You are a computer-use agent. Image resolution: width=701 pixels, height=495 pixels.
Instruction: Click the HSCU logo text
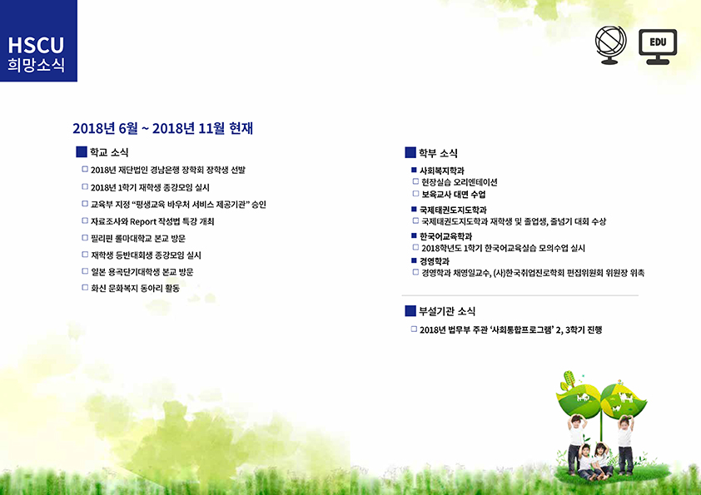[x=36, y=45]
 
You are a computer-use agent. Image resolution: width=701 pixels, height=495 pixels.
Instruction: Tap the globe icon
[x=611, y=45]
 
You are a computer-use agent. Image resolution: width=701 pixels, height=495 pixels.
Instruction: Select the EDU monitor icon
[x=658, y=47]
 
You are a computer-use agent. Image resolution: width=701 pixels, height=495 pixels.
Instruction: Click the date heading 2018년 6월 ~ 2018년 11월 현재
[x=162, y=128]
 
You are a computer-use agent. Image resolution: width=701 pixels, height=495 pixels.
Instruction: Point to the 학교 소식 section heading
[x=109, y=152]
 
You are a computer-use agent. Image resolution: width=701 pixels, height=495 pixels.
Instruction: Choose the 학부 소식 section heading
[x=438, y=153]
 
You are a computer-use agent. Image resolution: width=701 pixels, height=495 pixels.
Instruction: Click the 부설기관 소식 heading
[x=447, y=311]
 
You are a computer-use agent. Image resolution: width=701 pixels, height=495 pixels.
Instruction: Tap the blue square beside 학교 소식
[x=82, y=152]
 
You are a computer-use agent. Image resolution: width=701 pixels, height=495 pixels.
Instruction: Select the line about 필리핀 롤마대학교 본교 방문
[x=138, y=238]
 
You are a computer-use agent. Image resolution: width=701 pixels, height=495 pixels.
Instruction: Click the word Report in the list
[x=143, y=221]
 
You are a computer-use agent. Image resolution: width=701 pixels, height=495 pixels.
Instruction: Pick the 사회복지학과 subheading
[x=442, y=171]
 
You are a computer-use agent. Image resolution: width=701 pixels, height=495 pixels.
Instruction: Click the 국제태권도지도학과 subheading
[x=453, y=210]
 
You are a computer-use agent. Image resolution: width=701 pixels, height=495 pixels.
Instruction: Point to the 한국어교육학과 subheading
[x=445, y=236]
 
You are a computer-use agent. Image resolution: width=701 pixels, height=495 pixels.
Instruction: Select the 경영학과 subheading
[x=434, y=261]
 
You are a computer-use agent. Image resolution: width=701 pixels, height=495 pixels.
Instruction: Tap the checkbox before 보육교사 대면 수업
[x=415, y=194]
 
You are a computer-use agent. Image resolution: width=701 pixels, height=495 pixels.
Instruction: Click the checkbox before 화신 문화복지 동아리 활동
[x=85, y=288]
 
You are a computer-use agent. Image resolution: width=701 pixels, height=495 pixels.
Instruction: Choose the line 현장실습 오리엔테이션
[x=460, y=182]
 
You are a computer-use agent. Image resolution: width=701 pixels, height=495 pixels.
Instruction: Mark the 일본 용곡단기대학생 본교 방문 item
[x=142, y=272]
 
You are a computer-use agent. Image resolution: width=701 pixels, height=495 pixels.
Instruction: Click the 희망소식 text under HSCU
[x=36, y=65]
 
